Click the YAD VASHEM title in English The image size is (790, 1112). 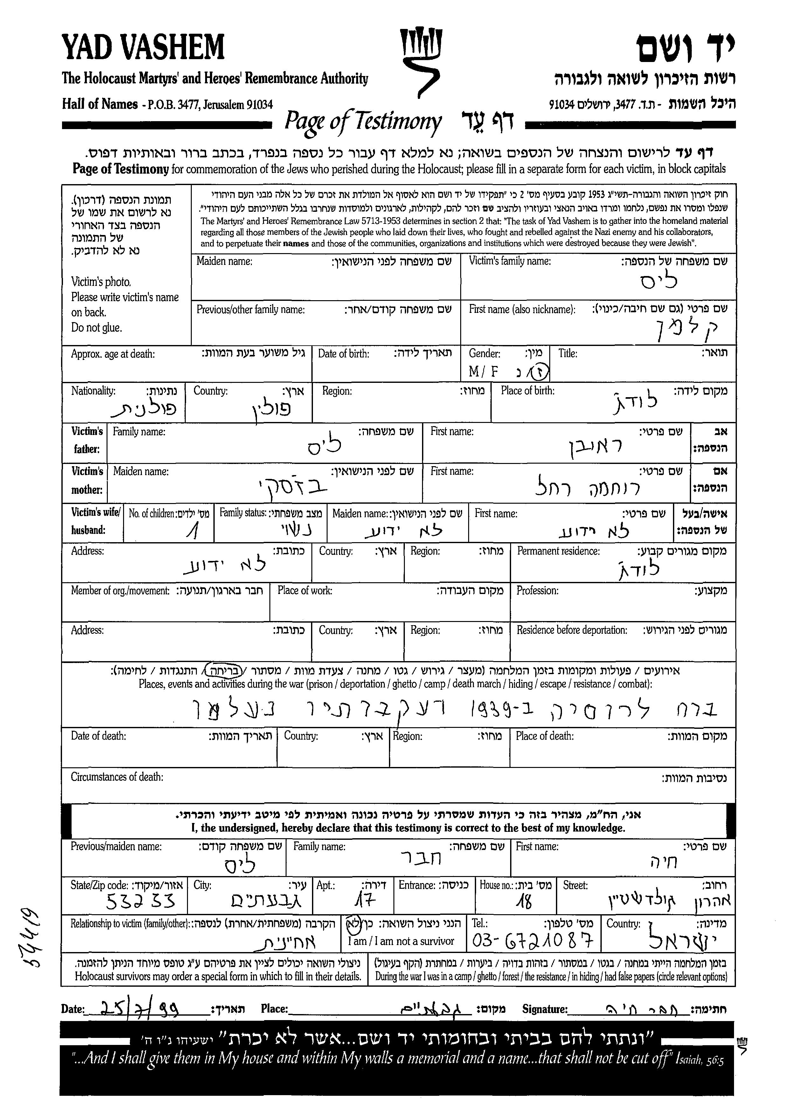pyautogui.click(x=143, y=47)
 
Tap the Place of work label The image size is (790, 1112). pyautogui.click(x=305, y=591)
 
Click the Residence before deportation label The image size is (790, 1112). pyautogui.click(x=572, y=630)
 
